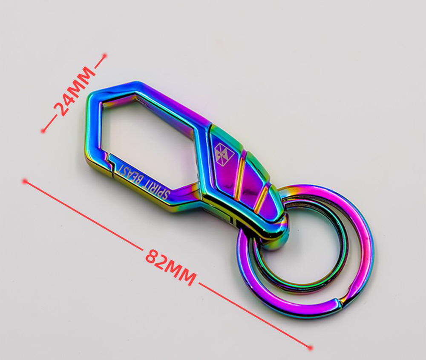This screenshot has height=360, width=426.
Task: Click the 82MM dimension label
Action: (170, 267)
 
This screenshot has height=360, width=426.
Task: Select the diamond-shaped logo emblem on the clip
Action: (225, 154)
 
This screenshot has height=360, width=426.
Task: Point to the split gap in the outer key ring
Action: (340, 301)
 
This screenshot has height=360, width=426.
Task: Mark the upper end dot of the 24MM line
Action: (105, 56)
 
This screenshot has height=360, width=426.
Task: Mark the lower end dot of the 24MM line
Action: (43, 131)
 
